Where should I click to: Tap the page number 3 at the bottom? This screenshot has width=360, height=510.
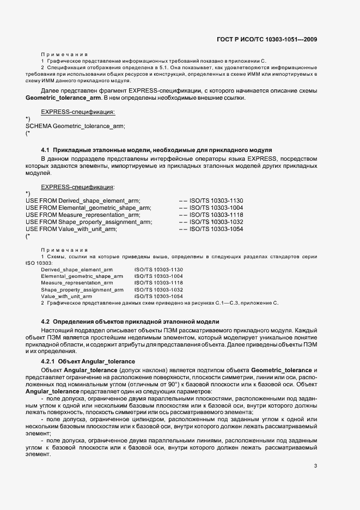point(315,465)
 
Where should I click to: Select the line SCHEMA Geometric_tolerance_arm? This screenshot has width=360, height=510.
point(76,126)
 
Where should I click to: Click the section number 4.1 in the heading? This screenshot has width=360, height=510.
point(46,149)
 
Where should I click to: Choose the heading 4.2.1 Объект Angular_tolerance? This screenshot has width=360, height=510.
point(88,362)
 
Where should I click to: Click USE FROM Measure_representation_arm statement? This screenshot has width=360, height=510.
point(83,215)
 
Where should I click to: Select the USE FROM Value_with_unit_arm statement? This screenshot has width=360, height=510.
point(71,229)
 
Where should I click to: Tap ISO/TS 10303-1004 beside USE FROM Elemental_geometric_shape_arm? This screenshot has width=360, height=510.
point(211,208)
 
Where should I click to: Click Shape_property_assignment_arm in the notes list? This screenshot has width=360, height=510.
point(77,290)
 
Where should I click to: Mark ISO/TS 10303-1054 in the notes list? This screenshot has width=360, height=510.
point(158,296)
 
